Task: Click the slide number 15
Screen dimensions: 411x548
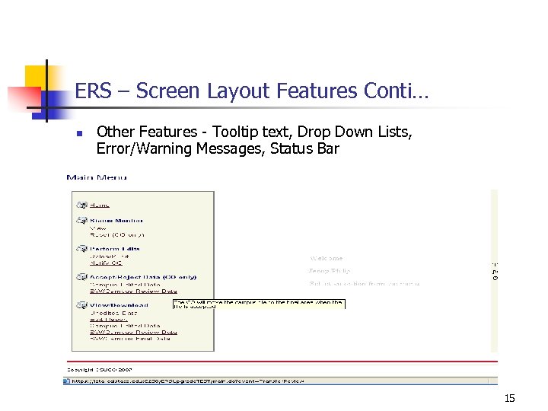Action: tap(509, 398)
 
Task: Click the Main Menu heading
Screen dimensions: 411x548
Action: tap(97, 177)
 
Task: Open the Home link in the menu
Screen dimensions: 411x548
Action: tap(100, 204)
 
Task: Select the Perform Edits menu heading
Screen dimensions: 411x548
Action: tap(115, 248)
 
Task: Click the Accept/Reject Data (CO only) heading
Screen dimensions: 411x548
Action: tap(143, 277)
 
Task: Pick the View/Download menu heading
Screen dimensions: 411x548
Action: tap(119, 305)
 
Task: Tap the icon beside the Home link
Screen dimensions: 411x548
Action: tap(81, 204)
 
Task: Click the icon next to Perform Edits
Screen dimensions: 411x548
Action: tap(81, 248)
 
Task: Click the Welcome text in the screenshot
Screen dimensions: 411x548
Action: tap(327, 258)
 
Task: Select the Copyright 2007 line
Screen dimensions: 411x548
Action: tap(100, 369)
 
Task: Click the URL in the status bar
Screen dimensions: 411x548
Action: tap(186, 381)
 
